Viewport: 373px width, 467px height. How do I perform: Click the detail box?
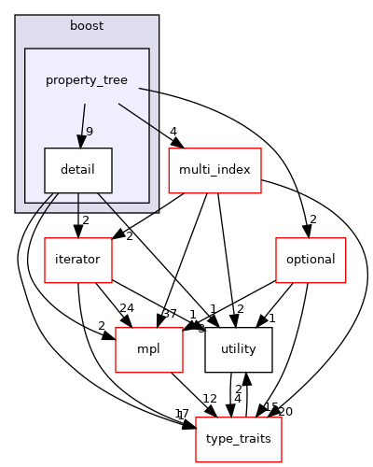click(78, 171)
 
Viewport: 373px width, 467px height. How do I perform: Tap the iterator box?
click(77, 260)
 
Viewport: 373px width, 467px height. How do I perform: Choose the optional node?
click(311, 260)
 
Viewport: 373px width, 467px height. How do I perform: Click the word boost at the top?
click(87, 24)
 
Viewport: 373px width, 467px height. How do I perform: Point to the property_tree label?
click(87, 80)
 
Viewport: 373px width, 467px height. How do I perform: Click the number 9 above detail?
click(88, 132)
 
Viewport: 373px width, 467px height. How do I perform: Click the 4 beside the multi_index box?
click(173, 132)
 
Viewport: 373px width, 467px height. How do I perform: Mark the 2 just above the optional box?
click(313, 220)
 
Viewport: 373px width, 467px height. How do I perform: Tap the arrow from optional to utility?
click(280, 304)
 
